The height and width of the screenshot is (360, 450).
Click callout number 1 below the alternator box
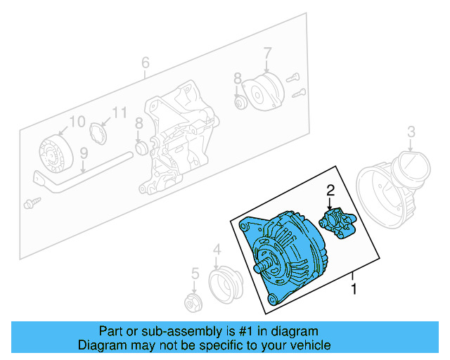[354, 288]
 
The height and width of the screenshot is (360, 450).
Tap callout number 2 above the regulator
[330, 189]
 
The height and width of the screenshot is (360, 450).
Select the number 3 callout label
[412, 131]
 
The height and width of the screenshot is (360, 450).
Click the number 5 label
[195, 274]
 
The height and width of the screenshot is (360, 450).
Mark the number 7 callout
[267, 52]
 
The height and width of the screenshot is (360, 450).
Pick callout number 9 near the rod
[84, 152]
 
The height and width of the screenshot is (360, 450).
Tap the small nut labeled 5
[191, 303]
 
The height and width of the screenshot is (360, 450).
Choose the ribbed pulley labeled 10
[53, 152]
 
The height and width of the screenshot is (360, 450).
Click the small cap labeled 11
[99, 132]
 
